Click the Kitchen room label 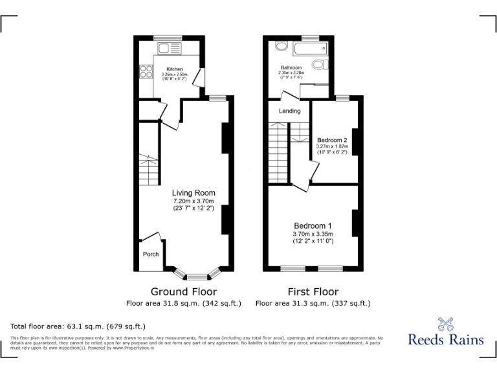[174, 69]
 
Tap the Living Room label [193, 193]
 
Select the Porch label [151, 254]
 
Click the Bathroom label [291, 67]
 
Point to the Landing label [289, 111]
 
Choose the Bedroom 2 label [332, 141]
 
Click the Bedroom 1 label [313, 226]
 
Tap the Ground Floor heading [184, 291]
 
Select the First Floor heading [313, 291]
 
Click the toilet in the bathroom [318, 64]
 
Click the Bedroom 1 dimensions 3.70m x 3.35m [313, 234]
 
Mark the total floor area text [78, 326]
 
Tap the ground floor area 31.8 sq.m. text [184, 303]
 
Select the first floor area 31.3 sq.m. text [313, 303]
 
